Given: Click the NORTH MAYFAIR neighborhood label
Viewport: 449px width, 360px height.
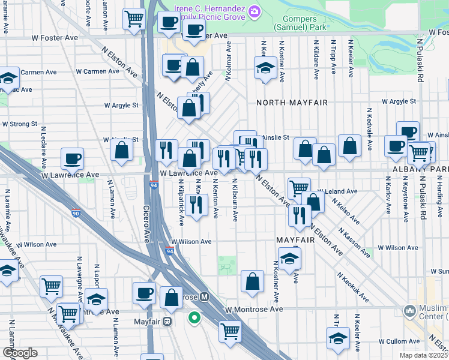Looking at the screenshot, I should [292, 103].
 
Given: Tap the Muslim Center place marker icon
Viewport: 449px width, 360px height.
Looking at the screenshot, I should [410, 311].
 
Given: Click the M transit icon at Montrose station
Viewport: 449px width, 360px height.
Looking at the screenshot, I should [205, 297].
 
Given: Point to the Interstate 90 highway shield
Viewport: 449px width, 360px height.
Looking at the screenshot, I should [76, 213].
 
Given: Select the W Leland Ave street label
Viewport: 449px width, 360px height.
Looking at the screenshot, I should [337, 191].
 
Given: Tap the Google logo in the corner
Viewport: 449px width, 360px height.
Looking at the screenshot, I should [20, 353].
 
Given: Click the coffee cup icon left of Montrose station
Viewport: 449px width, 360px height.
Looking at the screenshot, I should [144, 293].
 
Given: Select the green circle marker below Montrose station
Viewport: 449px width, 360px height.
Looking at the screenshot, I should [194, 317].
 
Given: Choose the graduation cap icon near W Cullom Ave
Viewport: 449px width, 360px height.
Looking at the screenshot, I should [339, 340].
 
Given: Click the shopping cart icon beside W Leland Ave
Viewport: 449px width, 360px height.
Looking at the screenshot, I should [298, 188].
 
